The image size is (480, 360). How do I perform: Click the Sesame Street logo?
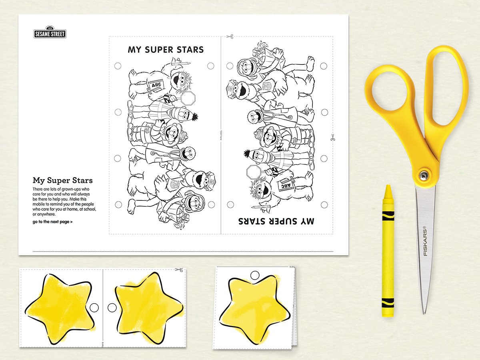tap(50, 32)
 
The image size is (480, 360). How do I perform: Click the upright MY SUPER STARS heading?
tap(166, 50)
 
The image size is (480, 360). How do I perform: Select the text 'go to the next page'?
tap(52, 222)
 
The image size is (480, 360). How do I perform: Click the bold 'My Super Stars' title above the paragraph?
tap(63, 180)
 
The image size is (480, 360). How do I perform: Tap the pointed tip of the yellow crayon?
tap(387, 187)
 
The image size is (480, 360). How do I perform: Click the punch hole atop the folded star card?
tap(254, 275)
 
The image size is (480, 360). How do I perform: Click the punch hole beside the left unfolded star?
tap(94, 308)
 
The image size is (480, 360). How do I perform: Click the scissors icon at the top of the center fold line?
tap(229, 36)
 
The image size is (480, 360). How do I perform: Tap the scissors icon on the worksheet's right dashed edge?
tap(332, 138)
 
